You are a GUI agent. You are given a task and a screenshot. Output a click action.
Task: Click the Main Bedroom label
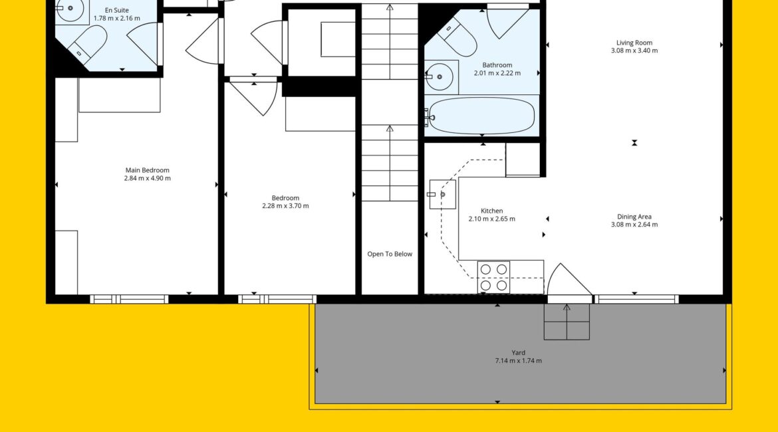148,170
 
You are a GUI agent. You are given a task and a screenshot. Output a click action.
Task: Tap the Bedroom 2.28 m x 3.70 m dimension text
285,206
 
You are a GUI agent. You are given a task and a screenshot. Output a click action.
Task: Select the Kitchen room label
491,211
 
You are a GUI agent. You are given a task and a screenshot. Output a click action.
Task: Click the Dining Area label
634,217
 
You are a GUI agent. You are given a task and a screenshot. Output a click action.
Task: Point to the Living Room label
634,43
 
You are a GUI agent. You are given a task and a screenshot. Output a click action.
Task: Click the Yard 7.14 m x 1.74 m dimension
519,361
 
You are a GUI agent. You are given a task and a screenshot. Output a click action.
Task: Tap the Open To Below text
390,254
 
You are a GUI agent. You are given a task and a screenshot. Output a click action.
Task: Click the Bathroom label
497,65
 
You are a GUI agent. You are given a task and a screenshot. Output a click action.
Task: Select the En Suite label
116,10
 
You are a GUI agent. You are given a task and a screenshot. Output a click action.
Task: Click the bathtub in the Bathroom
482,116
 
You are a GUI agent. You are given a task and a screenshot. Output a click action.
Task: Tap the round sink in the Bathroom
439,77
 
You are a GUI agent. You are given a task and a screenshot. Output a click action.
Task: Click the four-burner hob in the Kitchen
493,277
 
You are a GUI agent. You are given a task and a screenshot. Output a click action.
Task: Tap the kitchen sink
443,195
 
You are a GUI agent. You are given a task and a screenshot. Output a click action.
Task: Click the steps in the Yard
567,322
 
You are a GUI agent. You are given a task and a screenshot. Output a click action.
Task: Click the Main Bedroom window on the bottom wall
129,299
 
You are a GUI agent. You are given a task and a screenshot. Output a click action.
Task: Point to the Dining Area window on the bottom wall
636,299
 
